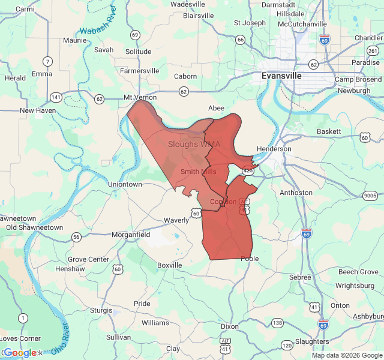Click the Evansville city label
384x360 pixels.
(x=281, y=76)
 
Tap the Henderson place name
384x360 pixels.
(x=274, y=149)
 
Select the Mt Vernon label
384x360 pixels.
(x=140, y=97)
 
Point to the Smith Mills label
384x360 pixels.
(x=199, y=172)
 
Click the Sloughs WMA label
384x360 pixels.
(x=194, y=144)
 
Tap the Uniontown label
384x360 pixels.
(x=125, y=184)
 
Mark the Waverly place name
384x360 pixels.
(x=176, y=220)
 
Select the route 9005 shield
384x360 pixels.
(x=370, y=196)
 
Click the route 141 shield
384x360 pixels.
(x=56, y=97)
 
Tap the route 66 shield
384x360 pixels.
(x=241, y=40)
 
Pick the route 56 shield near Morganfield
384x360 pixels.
(x=76, y=237)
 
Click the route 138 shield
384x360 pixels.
(x=277, y=323)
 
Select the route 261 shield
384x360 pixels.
(x=373, y=51)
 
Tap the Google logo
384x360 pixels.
(x=20, y=353)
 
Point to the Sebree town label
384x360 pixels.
(x=300, y=277)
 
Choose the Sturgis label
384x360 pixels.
(x=101, y=310)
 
